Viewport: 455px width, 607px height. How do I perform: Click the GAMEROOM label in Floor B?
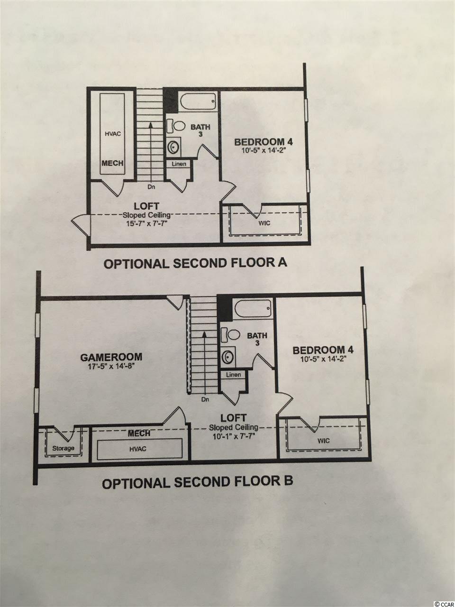111,357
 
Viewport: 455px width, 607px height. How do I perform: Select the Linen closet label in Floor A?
179,164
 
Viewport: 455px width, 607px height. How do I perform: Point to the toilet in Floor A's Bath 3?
176,126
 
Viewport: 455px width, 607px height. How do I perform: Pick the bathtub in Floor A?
197,102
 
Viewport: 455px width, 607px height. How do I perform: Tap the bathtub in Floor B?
253,309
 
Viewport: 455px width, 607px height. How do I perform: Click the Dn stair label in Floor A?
151,187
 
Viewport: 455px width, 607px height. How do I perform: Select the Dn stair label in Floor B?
205,399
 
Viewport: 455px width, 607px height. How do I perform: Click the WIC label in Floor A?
264,223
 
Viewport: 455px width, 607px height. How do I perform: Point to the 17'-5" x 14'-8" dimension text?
111,366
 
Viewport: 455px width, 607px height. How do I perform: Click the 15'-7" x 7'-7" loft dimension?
147,223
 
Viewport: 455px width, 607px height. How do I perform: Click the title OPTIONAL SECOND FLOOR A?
195,263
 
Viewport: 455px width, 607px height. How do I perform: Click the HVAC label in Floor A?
113,134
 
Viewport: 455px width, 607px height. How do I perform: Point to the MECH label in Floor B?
139,433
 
